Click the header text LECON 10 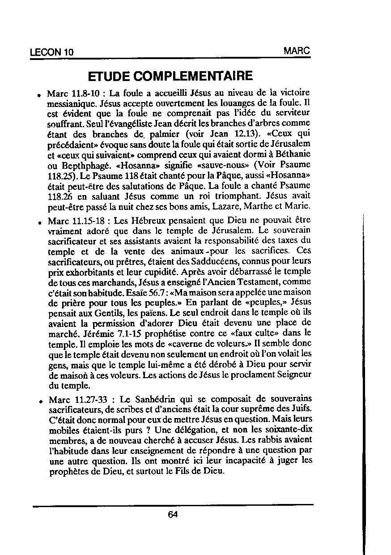pyautogui.click(x=51, y=52)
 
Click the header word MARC pyautogui.click(x=297, y=51)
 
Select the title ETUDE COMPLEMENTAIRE pyautogui.click(x=170, y=76)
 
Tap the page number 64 pyautogui.click(x=173, y=514)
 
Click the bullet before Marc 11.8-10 pyautogui.click(x=40, y=95)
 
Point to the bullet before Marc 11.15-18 pyautogui.click(x=40, y=222)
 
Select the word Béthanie pyautogui.click(x=293, y=154)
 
